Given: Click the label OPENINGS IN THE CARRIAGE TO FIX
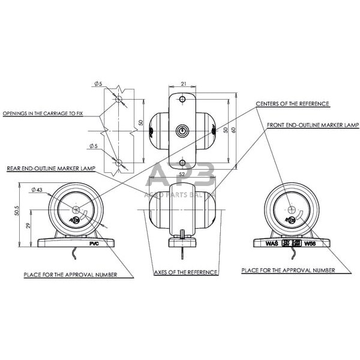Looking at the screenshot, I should pyautogui.click(x=43, y=113).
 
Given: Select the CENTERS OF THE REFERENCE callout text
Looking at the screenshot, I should pyautogui.click(x=292, y=104).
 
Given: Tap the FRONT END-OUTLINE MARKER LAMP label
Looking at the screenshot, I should pyautogui.click(x=312, y=125).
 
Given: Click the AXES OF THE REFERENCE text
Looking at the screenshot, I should pyautogui.click(x=186, y=272).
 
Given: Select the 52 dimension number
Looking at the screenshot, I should pyautogui.click(x=182, y=174).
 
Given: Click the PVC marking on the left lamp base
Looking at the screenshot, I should pyautogui.click(x=93, y=244).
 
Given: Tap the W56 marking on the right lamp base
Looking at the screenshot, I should pyautogui.click(x=310, y=244).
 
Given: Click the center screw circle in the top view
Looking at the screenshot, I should pyautogui.click(x=182, y=130).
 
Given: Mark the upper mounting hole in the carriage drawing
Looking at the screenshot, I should pyautogui.click(x=119, y=98).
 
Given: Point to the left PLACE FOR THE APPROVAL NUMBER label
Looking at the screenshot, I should pyautogui.click(x=78, y=275).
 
